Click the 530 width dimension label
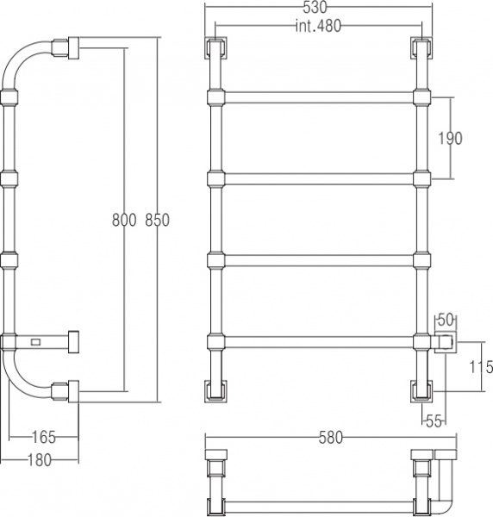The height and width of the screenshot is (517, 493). pos(315,7)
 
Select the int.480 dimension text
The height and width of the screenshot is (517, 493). pos(318,26)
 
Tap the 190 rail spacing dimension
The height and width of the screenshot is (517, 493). pos(450,138)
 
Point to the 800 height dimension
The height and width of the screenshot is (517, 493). pos(124,220)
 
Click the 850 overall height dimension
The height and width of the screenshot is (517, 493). pos(158,220)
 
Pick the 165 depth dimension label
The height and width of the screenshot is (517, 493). pos(44,437)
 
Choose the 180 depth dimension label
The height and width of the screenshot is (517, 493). pos(40,460)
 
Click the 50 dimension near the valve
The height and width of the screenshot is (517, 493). pos(446,320)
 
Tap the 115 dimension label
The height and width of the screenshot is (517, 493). pos(481,367)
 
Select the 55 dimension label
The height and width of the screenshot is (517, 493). pos(434,421)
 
